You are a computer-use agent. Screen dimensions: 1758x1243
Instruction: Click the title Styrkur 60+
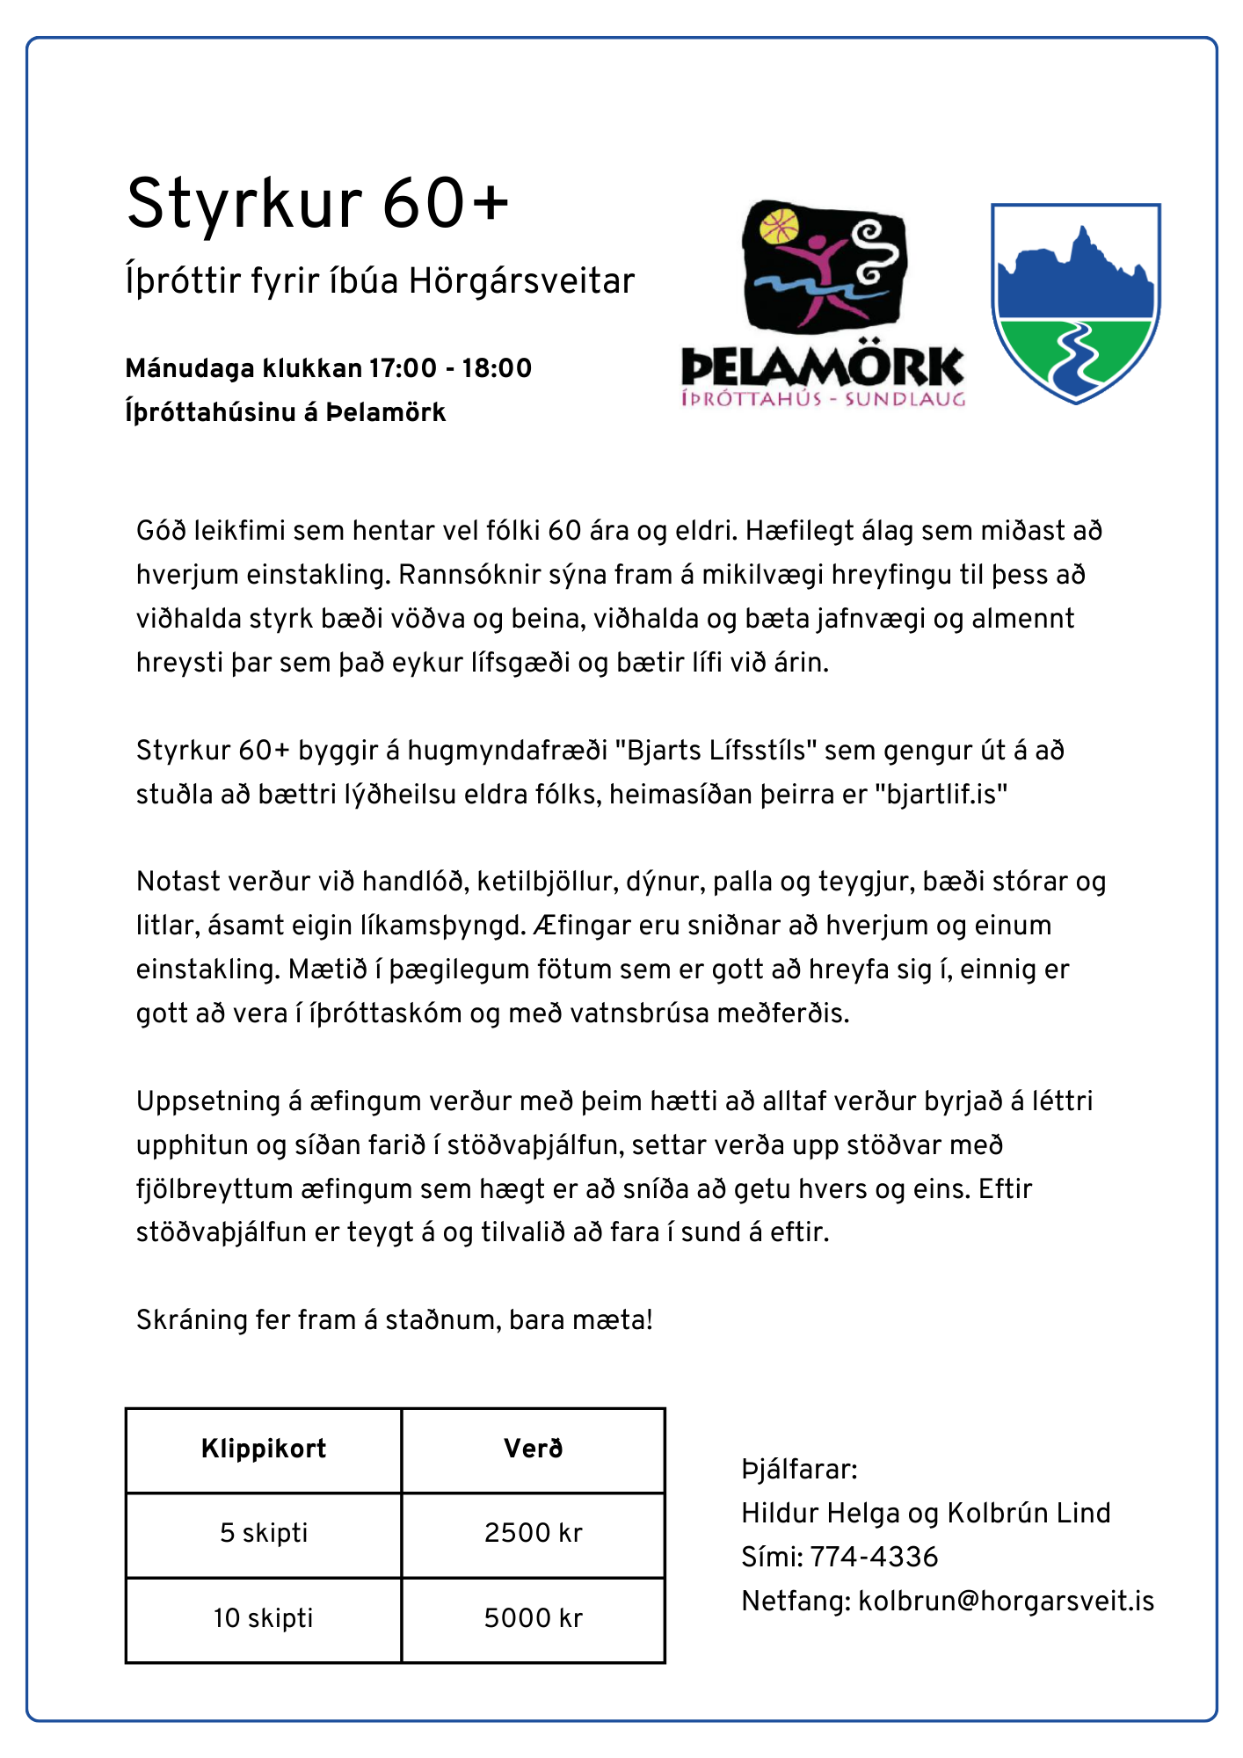click(x=317, y=204)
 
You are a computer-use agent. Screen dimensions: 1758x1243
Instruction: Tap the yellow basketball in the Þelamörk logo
click(x=779, y=226)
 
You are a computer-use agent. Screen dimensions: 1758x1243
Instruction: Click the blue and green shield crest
click(x=1076, y=303)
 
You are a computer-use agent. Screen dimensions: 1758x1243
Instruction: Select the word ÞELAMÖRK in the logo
click(x=823, y=367)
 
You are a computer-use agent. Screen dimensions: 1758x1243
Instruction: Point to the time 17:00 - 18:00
click(x=450, y=368)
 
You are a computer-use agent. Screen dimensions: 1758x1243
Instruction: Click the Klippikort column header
click(x=264, y=1449)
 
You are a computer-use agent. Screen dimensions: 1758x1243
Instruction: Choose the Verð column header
click(x=533, y=1449)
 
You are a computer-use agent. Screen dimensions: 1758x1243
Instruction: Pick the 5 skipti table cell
click(x=264, y=1534)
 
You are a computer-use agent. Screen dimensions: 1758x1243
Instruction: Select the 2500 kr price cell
click(x=533, y=1534)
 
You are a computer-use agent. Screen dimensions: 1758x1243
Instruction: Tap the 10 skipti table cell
click(x=264, y=1618)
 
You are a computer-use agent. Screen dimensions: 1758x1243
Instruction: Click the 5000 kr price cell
click(x=533, y=1618)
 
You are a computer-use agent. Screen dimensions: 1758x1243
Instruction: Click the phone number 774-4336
click(x=874, y=1557)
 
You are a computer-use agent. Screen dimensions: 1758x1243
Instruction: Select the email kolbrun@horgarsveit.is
click(x=1006, y=1601)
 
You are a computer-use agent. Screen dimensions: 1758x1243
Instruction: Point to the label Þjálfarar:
click(x=799, y=1469)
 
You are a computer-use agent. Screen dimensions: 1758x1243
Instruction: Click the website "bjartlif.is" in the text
click(x=941, y=795)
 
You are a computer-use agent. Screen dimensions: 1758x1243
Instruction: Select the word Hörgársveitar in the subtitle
click(x=521, y=281)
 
